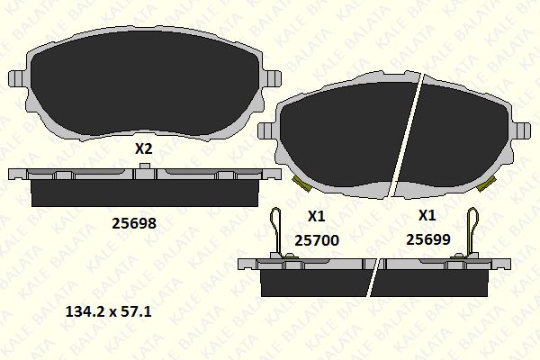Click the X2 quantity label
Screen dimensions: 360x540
click(x=143, y=149)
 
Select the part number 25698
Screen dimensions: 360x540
click(x=133, y=222)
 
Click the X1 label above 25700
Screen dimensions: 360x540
click(x=316, y=216)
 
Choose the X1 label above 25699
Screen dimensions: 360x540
click(x=427, y=216)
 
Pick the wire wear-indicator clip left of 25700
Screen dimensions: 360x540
click(x=280, y=231)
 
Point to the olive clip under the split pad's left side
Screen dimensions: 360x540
click(x=302, y=184)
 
